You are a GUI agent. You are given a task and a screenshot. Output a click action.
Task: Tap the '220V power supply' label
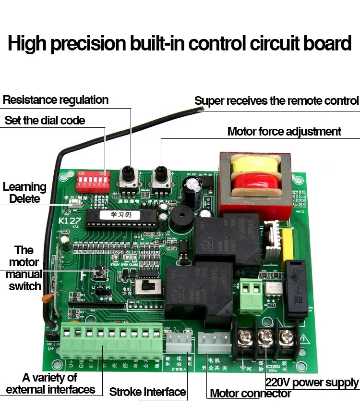tap(312, 383)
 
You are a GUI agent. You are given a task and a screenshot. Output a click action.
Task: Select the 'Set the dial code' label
tap(45, 120)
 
